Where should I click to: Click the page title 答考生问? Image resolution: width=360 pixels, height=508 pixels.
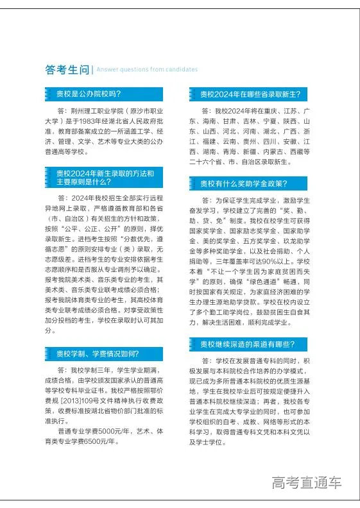coord(67,69)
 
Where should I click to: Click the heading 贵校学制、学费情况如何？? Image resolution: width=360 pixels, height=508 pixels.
coord(96,353)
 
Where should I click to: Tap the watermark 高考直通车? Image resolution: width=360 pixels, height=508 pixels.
coord(306,482)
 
